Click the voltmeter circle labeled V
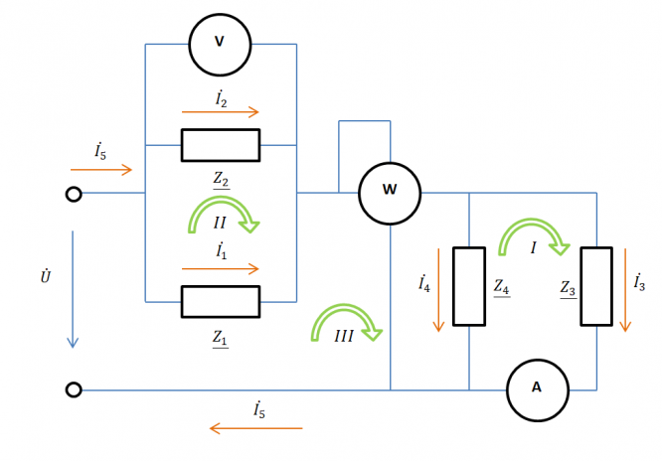click(220, 44)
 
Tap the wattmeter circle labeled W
click(389, 192)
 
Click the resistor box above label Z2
click(220, 145)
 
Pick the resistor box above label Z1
click(220, 301)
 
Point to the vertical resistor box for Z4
click(468, 286)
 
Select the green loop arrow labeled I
click(533, 237)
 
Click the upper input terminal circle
click(74, 194)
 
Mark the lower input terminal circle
click(74, 389)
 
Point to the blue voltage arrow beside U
click(73, 289)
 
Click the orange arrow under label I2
click(220, 112)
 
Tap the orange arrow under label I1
click(220, 268)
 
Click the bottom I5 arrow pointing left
click(255, 428)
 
